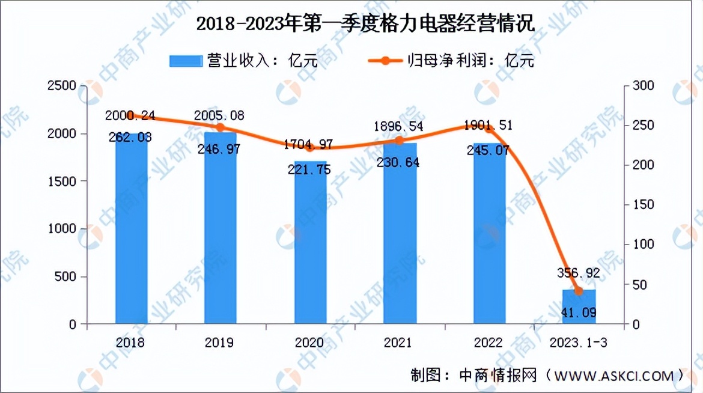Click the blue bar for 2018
coord(131,228)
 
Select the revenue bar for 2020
coord(310,243)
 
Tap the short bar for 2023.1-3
coord(579,308)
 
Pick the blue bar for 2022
coord(489,234)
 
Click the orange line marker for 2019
coord(221,127)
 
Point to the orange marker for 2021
coord(400,140)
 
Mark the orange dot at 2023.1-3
coord(579,291)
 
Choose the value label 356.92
coord(575,273)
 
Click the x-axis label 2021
coord(400,343)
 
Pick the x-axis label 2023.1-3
coord(579,343)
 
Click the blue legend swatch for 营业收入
coord(186,60)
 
